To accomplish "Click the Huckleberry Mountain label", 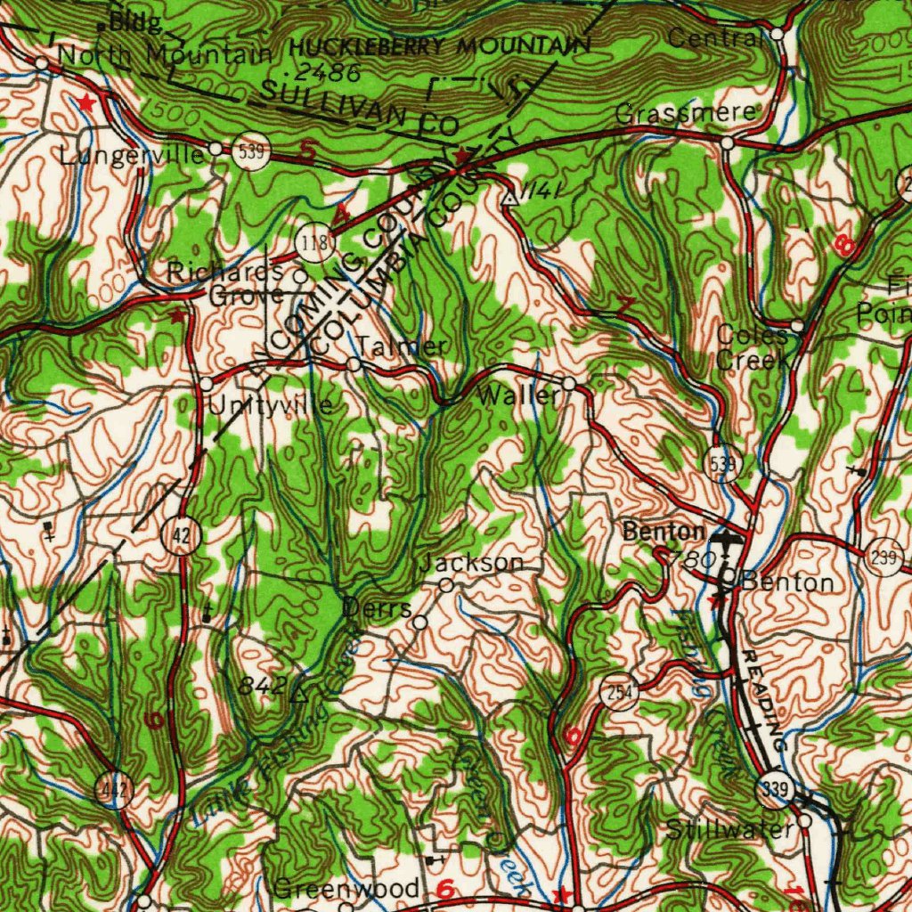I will click(439, 47).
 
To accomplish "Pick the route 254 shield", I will click(619, 692).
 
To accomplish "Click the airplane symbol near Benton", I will click(729, 539).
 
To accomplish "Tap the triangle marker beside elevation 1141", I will click(509, 197).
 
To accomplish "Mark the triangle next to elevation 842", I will click(300, 692).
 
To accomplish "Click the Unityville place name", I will click(271, 407).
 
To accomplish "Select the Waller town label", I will click(518, 396).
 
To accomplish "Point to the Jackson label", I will click(472, 563).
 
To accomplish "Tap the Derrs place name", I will click(377, 607).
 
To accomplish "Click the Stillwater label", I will click(729, 830).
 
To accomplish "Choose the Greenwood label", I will click(346, 889).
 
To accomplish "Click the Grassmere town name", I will click(686, 114).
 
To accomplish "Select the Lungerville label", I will click(133, 155).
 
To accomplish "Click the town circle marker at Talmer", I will click(354, 364).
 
